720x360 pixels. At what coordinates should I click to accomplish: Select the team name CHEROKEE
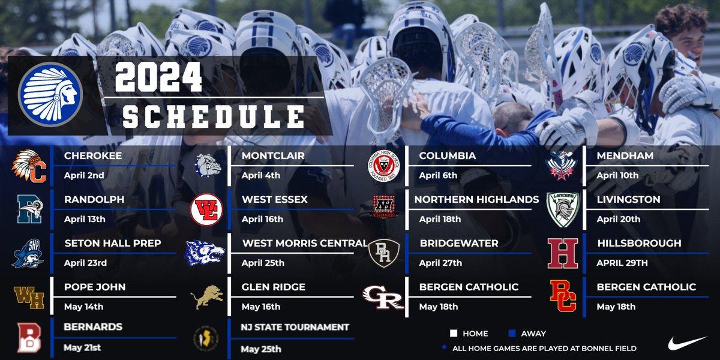point(93,155)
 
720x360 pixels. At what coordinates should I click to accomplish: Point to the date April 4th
point(262,176)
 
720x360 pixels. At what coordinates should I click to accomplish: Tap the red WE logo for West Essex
point(206,209)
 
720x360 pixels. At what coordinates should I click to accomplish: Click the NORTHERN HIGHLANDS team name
point(479,199)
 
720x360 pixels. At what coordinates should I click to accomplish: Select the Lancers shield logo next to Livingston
point(563,210)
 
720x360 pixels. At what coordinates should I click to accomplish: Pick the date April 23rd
point(85,263)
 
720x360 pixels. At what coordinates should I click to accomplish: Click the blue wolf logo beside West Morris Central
point(204,253)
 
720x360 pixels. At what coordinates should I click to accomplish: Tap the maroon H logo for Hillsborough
point(563,253)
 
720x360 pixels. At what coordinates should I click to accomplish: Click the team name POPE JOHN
point(95,287)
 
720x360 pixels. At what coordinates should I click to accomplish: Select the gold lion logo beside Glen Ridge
point(206,297)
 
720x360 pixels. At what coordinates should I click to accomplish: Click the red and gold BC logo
point(563,297)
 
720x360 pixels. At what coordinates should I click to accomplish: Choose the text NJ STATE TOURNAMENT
point(295,328)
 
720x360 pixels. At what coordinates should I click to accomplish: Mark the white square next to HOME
point(454,334)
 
